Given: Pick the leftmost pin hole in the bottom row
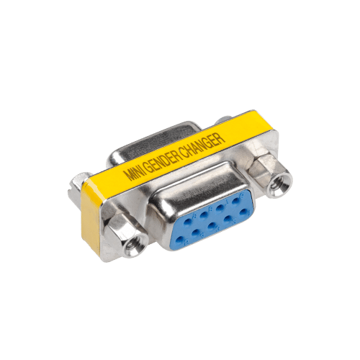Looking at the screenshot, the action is point(180,240).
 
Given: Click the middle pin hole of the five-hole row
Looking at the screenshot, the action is point(212,226).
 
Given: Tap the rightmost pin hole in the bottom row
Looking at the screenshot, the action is point(243,212).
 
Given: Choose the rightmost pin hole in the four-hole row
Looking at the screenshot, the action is point(235,201).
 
